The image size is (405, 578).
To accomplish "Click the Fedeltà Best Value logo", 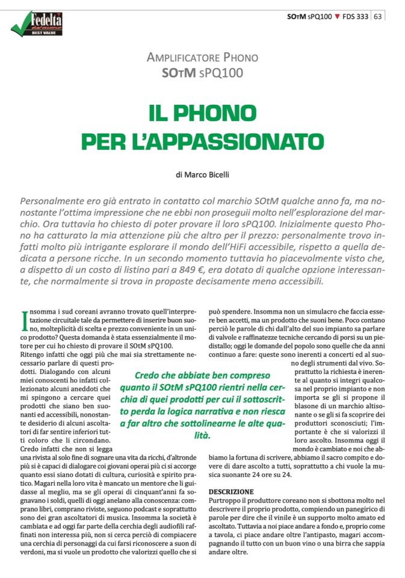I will click(x=37, y=23).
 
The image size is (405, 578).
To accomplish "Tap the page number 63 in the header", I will click(x=378, y=16).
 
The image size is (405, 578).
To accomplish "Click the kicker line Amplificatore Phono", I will click(x=202, y=58).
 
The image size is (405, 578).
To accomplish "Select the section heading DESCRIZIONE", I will click(x=231, y=492).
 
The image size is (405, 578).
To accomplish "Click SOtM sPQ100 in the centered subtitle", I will click(x=202, y=73).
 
